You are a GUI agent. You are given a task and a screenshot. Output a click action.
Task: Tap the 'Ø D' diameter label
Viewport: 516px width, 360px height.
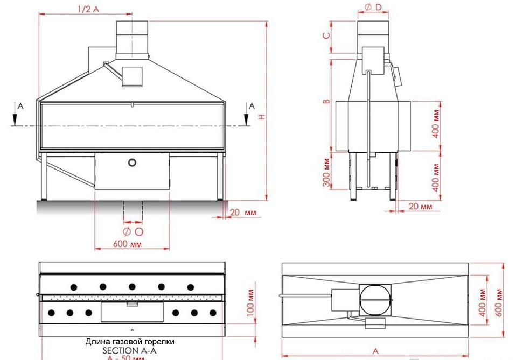point(373,7)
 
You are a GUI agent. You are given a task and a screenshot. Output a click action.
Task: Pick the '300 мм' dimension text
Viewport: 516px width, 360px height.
point(326,172)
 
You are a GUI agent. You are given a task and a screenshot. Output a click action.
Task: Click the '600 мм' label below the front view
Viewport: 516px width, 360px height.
point(127,244)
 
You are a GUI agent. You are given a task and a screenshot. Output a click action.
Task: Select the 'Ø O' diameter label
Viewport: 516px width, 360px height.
point(133,231)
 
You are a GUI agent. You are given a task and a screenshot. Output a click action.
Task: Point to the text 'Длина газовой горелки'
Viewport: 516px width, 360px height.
point(130,342)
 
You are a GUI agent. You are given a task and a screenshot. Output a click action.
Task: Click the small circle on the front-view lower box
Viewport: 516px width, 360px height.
point(132,162)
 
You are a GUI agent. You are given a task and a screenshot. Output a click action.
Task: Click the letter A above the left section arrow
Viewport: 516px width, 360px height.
point(20,106)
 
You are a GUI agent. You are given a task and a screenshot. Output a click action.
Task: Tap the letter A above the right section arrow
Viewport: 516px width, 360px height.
point(251,106)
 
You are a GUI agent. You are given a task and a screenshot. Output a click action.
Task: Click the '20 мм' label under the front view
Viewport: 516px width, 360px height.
point(243,213)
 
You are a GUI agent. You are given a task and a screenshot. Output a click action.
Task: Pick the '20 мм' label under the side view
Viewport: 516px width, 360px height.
point(420,206)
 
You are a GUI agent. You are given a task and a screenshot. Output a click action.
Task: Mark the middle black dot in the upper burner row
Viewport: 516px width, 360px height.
point(131,286)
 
